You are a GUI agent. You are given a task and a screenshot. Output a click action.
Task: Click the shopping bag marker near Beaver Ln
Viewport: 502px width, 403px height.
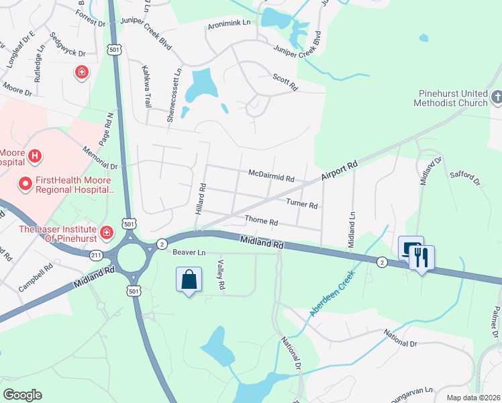(x=189, y=279)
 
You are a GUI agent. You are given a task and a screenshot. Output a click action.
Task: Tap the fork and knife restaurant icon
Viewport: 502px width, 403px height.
(x=422, y=257)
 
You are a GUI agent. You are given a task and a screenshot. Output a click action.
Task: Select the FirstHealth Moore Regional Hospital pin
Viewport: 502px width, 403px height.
(x=26, y=183)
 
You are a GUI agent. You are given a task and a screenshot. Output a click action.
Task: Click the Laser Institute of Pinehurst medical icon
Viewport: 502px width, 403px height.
(x=106, y=233)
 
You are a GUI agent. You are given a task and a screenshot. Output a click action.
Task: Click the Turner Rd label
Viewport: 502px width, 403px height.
(x=301, y=203)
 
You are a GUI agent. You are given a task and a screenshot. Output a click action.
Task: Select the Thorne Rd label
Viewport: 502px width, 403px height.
(x=261, y=220)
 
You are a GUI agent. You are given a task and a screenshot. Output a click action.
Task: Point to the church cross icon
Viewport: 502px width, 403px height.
(x=497, y=98)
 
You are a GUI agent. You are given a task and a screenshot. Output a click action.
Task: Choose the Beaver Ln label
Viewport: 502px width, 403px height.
(x=187, y=253)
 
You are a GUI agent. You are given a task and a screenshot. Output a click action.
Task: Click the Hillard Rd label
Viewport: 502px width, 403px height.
(x=200, y=200)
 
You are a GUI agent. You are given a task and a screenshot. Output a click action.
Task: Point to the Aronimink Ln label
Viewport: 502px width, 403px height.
(x=229, y=23)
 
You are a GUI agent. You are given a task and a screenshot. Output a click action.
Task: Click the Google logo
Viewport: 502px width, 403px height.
(x=22, y=394)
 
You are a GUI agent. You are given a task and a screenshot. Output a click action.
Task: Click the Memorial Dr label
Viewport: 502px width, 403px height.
(x=101, y=159)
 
